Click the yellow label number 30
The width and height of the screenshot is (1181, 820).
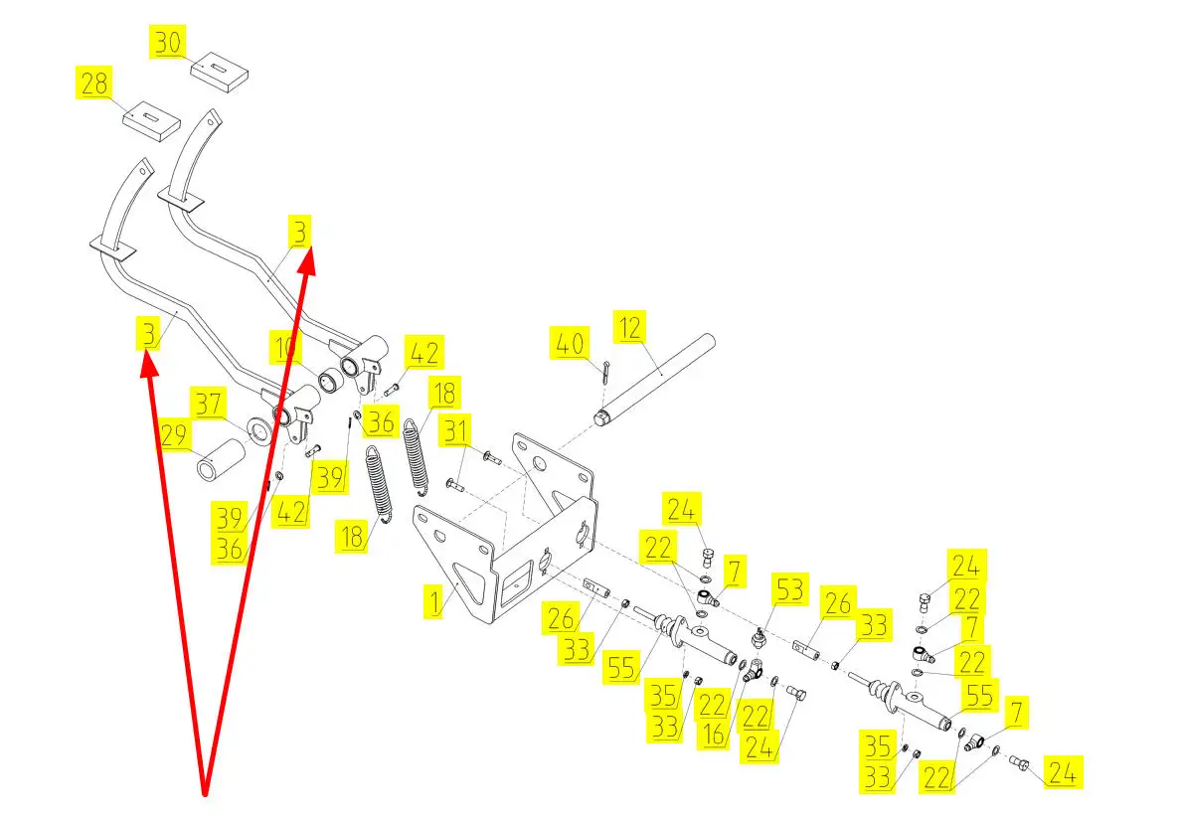169,43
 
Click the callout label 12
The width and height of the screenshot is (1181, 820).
629,326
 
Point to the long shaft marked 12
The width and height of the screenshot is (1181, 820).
660,378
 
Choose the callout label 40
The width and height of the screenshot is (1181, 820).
570,345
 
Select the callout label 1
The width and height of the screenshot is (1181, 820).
434,601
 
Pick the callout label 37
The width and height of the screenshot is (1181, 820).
210,405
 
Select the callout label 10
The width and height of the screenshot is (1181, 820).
286,350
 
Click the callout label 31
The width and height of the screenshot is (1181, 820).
455,431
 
